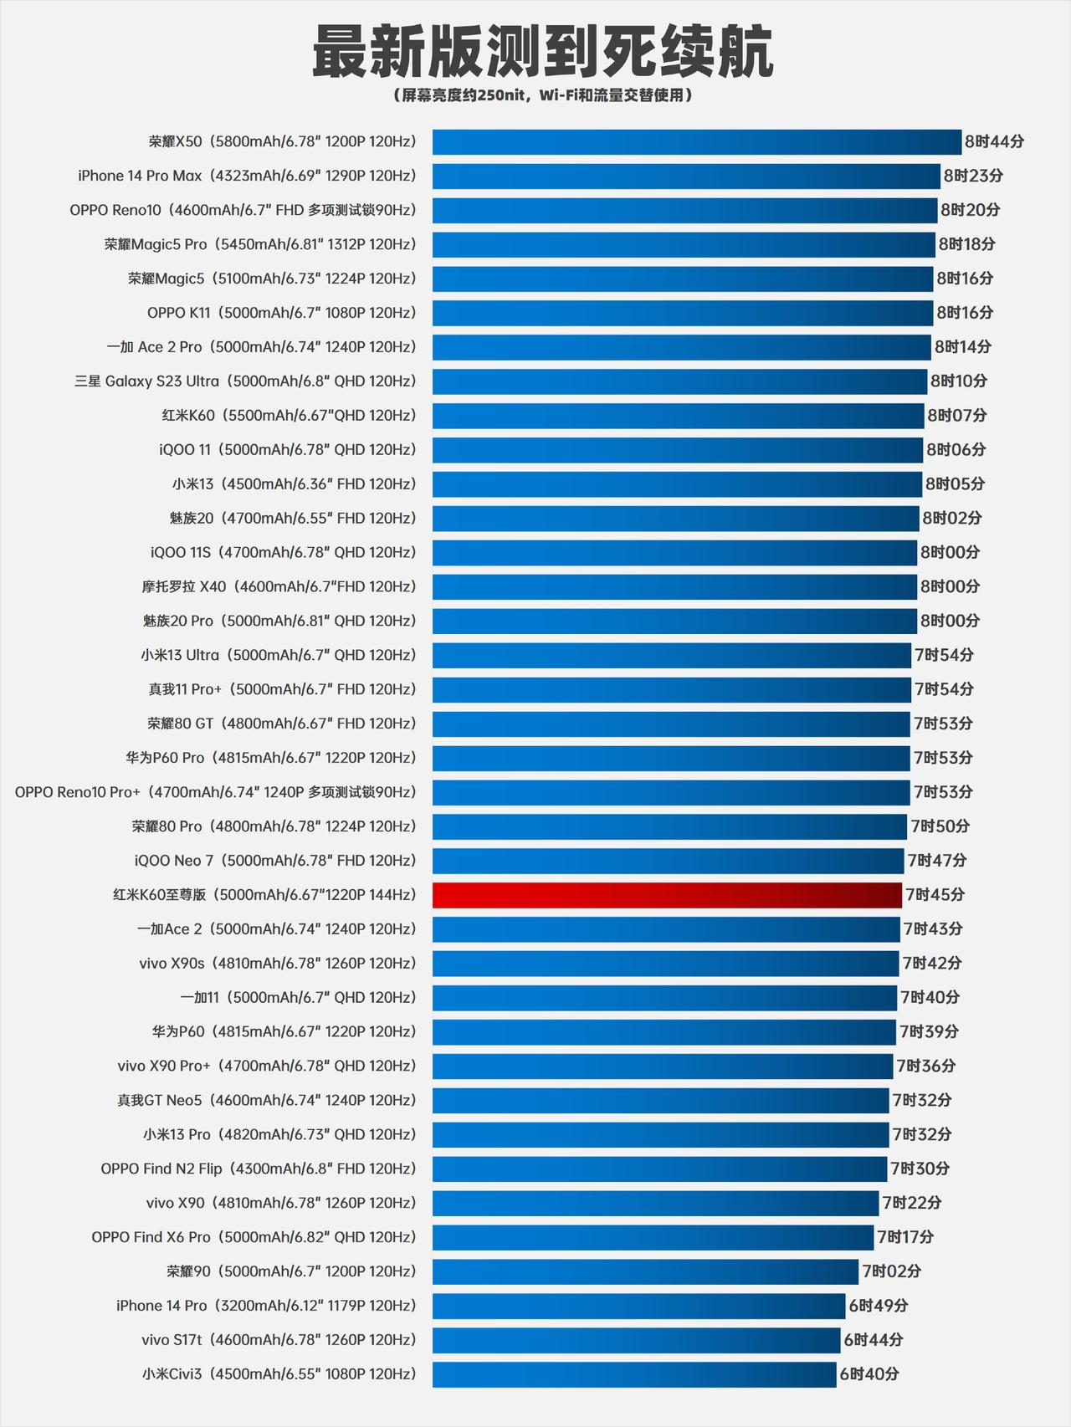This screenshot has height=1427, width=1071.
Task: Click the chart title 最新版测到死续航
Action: (x=542, y=52)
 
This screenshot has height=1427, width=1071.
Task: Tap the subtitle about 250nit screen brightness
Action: (x=542, y=95)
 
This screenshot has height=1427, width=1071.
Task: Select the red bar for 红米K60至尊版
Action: (x=667, y=895)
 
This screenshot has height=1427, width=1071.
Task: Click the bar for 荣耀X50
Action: (x=696, y=142)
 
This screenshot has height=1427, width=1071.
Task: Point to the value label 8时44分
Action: (x=994, y=142)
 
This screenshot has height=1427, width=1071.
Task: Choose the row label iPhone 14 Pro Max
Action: (x=247, y=176)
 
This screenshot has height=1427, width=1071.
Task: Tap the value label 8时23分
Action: (x=973, y=176)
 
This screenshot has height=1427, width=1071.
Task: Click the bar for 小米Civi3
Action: (x=633, y=1374)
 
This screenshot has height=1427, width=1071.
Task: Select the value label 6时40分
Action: (x=869, y=1374)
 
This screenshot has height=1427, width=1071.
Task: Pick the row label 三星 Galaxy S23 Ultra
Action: (x=245, y=381)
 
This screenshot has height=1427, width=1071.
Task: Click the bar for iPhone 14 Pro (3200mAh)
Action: (x=638, y=1306)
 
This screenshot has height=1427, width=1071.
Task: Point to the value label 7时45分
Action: (x=935, y=895)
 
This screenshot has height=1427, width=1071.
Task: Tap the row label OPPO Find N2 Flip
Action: (x=258, y=1169)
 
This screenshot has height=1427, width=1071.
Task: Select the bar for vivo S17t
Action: (x=636, y=1340)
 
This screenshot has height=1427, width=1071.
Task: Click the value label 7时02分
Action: (x=891, y=1271)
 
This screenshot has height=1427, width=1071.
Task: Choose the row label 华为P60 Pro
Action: (x=270, y=758)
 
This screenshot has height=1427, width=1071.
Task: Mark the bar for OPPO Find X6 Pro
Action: (x=653, y=1237)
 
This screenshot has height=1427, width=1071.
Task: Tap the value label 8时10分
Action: (x=959, y=381)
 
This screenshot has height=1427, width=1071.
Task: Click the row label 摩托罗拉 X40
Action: (x=279, y=586)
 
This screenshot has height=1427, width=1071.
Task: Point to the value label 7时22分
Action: (x=911, y=1203)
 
